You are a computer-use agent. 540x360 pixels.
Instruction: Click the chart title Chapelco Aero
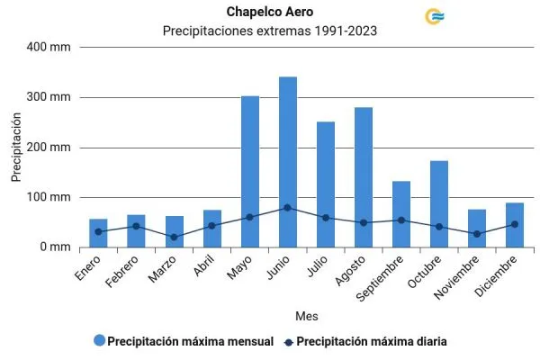point(269,12)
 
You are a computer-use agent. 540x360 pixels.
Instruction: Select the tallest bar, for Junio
point(288,162)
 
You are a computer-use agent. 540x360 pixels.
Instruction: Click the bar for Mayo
point(250,171)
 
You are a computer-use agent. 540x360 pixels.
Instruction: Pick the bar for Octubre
point(439,203)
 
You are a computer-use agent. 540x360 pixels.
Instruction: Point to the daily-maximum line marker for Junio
point(288,208)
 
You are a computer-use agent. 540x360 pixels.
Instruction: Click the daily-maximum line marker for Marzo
point(175,238)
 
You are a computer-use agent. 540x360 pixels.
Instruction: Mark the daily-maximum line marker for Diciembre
point(515,224)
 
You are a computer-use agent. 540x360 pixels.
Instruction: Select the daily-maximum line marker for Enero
point(99,232)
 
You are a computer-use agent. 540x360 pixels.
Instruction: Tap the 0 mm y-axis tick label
point(56,247)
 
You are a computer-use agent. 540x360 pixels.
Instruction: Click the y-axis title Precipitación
point(16,148)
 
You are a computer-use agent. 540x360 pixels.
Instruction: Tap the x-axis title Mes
point(306,316)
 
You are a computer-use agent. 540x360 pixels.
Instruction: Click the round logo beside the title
point(436,16)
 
